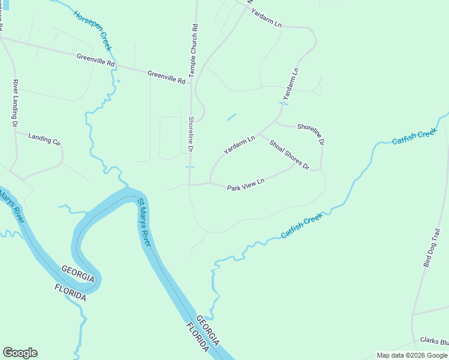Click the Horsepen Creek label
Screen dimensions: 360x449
[x=93, y=31]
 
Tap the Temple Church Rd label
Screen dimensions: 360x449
[x=193, y=50]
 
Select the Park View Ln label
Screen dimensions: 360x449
[x=246, y=184]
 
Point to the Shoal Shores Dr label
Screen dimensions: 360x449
[x=289, y=154]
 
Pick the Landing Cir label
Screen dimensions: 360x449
[x=45, y=139]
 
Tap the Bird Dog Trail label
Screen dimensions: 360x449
[x=432, y=248]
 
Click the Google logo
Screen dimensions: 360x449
[x=20, y=353]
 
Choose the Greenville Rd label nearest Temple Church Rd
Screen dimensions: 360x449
[x=166, y=77]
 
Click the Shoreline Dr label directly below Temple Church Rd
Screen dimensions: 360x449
[x=191, y=134]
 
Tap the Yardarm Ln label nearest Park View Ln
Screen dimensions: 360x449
[x=240, y=145]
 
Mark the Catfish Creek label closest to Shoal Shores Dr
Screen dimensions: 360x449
[x=302, y=227]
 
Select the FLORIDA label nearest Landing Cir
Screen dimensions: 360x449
[x=70, y=292]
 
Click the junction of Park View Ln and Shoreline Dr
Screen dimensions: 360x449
[x=190, y=184]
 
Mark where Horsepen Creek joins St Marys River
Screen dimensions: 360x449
[x=126, y=185]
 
